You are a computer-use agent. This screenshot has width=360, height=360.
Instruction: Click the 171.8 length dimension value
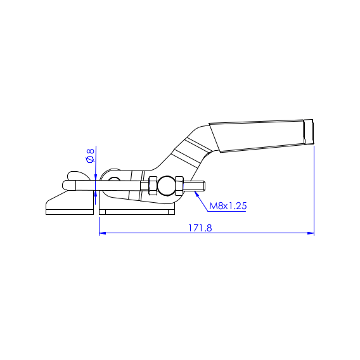pyautogui.click(x=200, y=228)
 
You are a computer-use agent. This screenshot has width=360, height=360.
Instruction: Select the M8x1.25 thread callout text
pyautogui.click(x=228, y=206)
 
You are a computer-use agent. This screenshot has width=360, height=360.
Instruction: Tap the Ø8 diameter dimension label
pyautogui.click(x=91, y=155)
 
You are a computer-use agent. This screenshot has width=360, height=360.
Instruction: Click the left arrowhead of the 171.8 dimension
pyautogui.click(x=103, y=233)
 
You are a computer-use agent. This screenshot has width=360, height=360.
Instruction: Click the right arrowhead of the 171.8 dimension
pyautogui.click(x=311, y=233)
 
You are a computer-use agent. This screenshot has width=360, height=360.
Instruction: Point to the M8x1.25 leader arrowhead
pyautogui.click(x=196, y=193)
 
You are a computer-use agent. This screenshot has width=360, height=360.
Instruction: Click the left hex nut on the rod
pyautogui.click(x=153, y=186)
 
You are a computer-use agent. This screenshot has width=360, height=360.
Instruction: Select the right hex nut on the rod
pyautogui.click(x=179, y=186)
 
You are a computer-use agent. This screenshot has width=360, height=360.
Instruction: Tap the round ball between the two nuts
pyautogui.click(x=167, y=186)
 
